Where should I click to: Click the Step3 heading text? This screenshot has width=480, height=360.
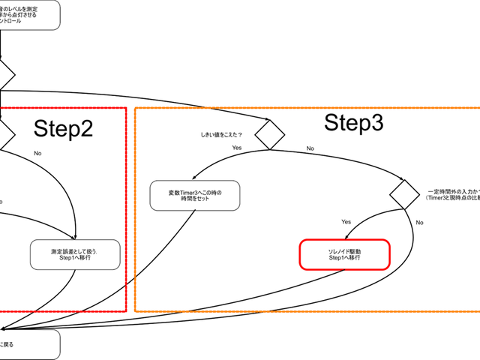(x=353, y=124)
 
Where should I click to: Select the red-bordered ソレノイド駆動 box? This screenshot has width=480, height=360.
(x=345, y=254)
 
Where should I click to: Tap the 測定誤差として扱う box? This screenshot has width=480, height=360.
(x=75, y=254)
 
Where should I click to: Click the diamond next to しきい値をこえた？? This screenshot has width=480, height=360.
(x=269, y=135)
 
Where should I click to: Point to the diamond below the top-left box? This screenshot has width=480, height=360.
(x=5, y=75)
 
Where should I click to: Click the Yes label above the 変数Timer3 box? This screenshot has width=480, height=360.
(x=236, y=148)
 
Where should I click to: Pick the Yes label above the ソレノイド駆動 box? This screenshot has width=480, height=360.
(x=346, y=222)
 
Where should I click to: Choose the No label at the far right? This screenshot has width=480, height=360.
(x=419, y=223)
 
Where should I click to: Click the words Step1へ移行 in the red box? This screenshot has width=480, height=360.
(x=345, y=258)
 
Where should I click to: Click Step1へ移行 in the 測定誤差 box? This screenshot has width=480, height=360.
(x=75, y=259)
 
